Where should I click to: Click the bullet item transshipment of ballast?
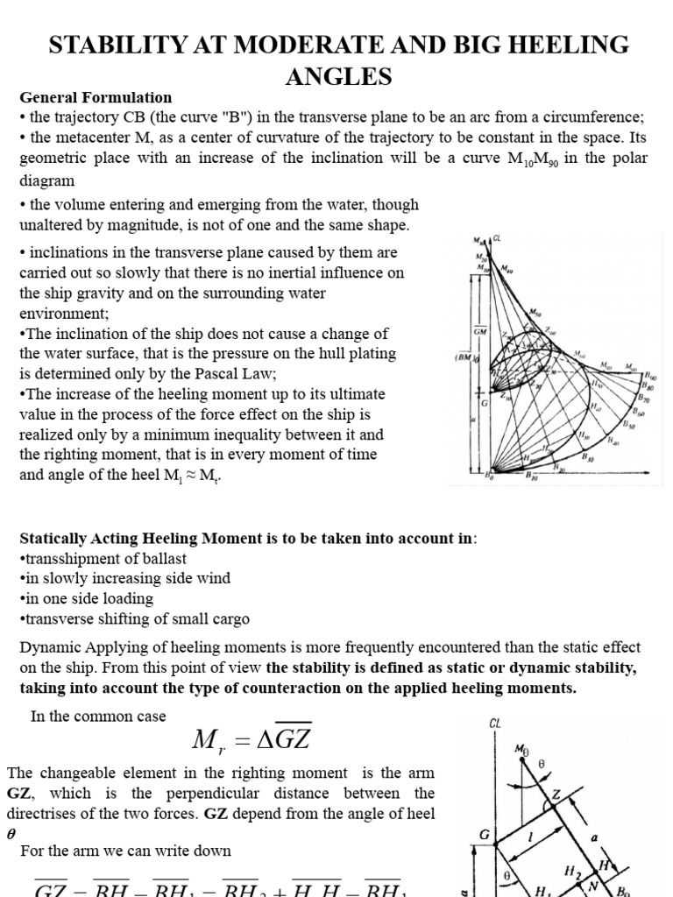coord(103,558)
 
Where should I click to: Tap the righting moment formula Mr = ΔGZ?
coord(251,741)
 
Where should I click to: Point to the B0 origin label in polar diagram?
coord(488,476)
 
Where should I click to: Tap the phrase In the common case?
coord(98,716)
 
